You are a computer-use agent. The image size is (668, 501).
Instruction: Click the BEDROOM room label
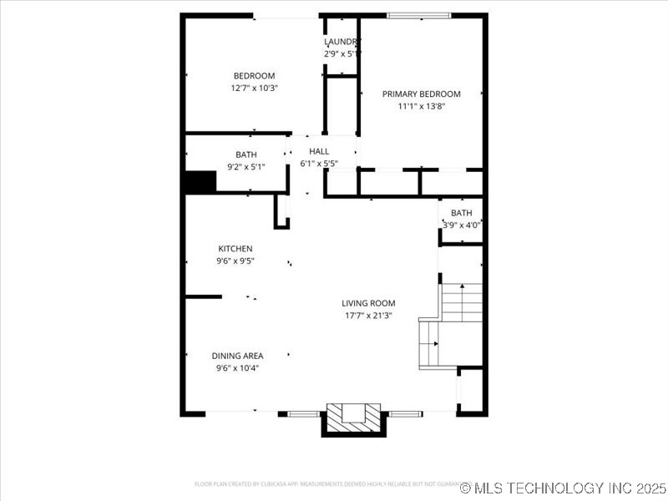coord(254,76)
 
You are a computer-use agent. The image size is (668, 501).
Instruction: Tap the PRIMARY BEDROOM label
coord(421,94)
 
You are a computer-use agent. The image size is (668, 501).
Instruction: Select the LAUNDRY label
coord(342,42)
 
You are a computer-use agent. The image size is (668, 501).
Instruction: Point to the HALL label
coord(319,151)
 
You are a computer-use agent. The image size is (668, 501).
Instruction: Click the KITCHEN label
coord(235,249)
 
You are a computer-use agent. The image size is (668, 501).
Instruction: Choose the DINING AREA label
coord(237,356)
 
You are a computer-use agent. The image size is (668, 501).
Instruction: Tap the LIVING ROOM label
coord(368,303)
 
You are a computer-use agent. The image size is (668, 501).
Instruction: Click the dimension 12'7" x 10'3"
coord(254,88)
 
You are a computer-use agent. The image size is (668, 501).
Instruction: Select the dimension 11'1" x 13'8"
coord(421,106)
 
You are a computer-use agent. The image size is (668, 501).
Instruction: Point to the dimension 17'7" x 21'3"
coord(368,316)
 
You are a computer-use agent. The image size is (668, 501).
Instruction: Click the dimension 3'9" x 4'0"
coord(462,225)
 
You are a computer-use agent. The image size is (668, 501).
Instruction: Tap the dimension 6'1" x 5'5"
coord(319,163)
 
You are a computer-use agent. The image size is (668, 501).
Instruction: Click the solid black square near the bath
coord(200,182)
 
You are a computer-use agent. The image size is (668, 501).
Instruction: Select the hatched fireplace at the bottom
coord(353,417)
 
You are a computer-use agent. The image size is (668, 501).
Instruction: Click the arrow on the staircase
coord(462,288)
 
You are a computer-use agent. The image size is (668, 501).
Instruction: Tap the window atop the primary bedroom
coord(418,15)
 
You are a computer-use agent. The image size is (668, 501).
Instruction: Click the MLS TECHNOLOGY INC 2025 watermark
coord(563,487)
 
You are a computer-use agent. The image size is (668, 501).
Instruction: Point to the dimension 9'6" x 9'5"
coord(235,261)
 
